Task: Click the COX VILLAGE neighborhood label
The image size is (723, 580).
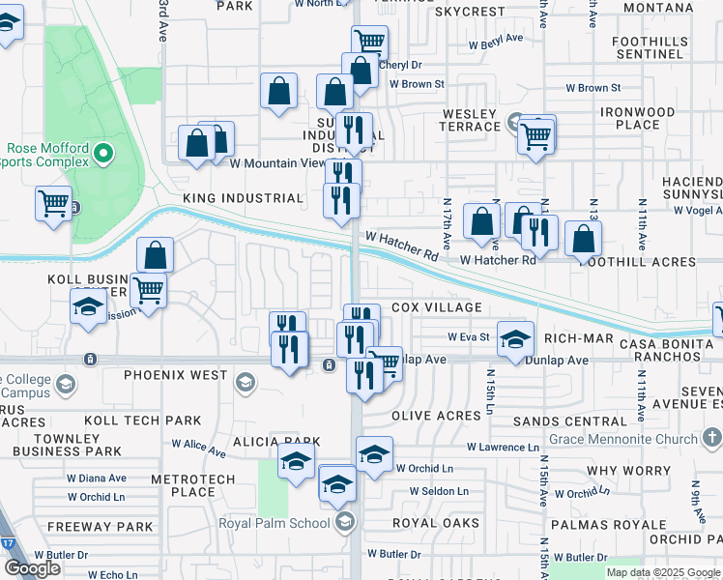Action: coord(437,307)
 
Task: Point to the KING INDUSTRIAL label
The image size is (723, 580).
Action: coord(243,198)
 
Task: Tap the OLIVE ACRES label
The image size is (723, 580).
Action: coord(436,416)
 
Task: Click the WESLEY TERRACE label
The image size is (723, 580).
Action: coord(469,121)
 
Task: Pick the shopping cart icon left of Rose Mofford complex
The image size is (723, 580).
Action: coord(54,203)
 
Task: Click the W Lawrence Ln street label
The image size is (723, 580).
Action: coord(503,448)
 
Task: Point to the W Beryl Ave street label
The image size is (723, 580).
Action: coord(496,39)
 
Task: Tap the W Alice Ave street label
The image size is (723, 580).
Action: coord(198,449)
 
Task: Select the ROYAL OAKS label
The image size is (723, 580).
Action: coord(435,523)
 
